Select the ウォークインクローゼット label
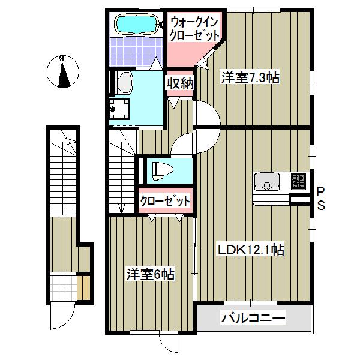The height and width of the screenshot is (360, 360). point(194,28)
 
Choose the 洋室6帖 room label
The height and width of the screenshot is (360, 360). point(150,274)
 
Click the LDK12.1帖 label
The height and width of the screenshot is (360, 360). point(251,249)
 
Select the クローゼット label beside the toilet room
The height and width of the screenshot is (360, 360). point(165,200)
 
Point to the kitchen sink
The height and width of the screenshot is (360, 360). point(266,180)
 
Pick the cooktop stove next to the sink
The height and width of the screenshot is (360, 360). point(298,180)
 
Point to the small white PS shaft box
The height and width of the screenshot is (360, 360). point(298,199)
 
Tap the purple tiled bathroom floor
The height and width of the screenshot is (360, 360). point(135,51)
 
